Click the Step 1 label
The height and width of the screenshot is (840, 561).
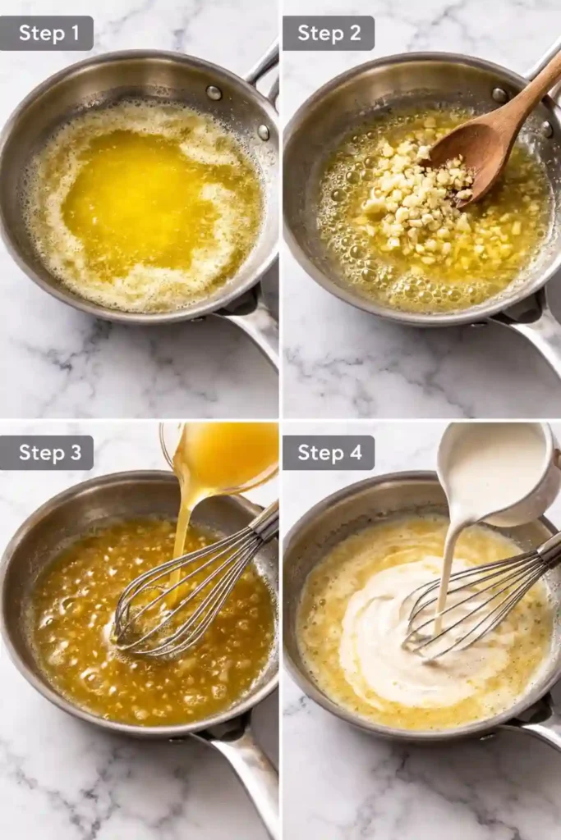tap(47, 33)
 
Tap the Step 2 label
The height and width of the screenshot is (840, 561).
tap(329, 33)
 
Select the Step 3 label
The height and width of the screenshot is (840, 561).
tap(47, 453)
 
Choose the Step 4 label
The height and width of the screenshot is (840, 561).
tap(329, 453)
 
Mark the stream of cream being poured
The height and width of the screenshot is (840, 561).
tap(448, 566)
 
